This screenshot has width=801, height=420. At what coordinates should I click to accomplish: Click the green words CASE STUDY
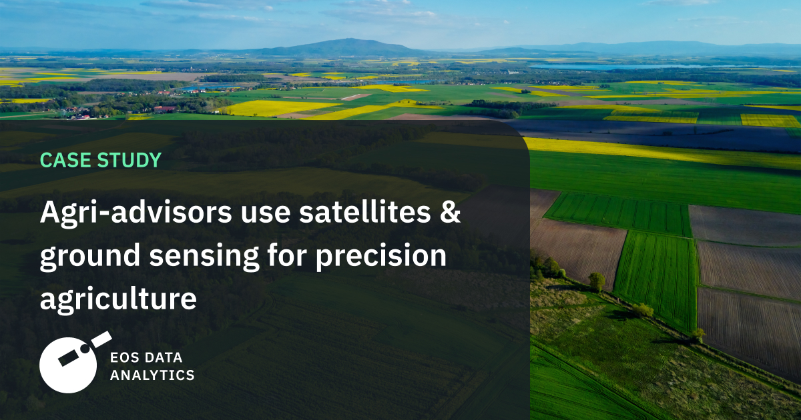101,160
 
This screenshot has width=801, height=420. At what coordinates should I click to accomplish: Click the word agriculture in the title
118,299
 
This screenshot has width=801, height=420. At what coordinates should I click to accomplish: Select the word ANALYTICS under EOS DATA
152,375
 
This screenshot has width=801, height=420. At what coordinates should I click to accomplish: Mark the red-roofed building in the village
164,109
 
